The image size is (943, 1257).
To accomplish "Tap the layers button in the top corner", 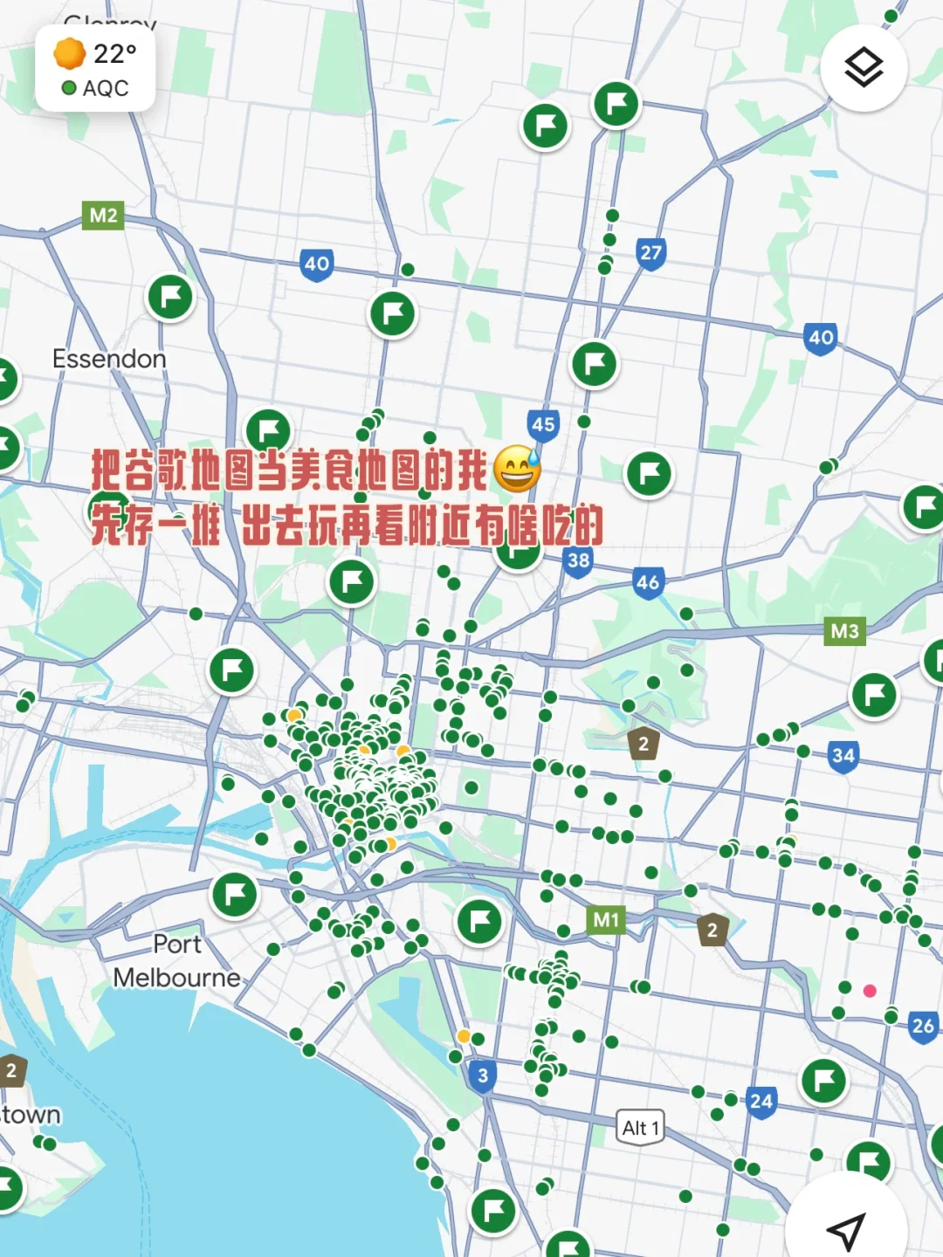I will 864,67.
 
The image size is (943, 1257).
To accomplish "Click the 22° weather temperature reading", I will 114,54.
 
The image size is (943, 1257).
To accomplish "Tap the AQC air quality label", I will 105,88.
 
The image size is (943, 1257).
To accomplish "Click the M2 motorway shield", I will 103,216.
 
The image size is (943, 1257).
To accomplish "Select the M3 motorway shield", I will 844,631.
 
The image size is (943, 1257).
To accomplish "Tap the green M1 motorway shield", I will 606,919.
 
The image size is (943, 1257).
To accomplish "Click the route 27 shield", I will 650,254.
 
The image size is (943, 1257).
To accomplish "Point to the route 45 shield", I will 543,425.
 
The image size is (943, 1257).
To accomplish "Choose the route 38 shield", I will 578,561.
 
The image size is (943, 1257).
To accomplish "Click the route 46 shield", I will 648,583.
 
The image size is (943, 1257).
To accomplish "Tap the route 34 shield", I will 843,756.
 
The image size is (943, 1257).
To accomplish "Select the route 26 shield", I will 923,1027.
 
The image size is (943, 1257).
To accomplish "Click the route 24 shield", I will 761,1102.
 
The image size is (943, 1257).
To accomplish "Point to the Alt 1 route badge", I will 640,1128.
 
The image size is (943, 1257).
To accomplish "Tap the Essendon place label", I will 109,359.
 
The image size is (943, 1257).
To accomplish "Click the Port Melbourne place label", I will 176,961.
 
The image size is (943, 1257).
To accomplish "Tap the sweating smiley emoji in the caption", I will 517,470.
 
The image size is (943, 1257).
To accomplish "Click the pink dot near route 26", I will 870,991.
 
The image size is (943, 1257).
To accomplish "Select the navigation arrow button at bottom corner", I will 845,1229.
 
